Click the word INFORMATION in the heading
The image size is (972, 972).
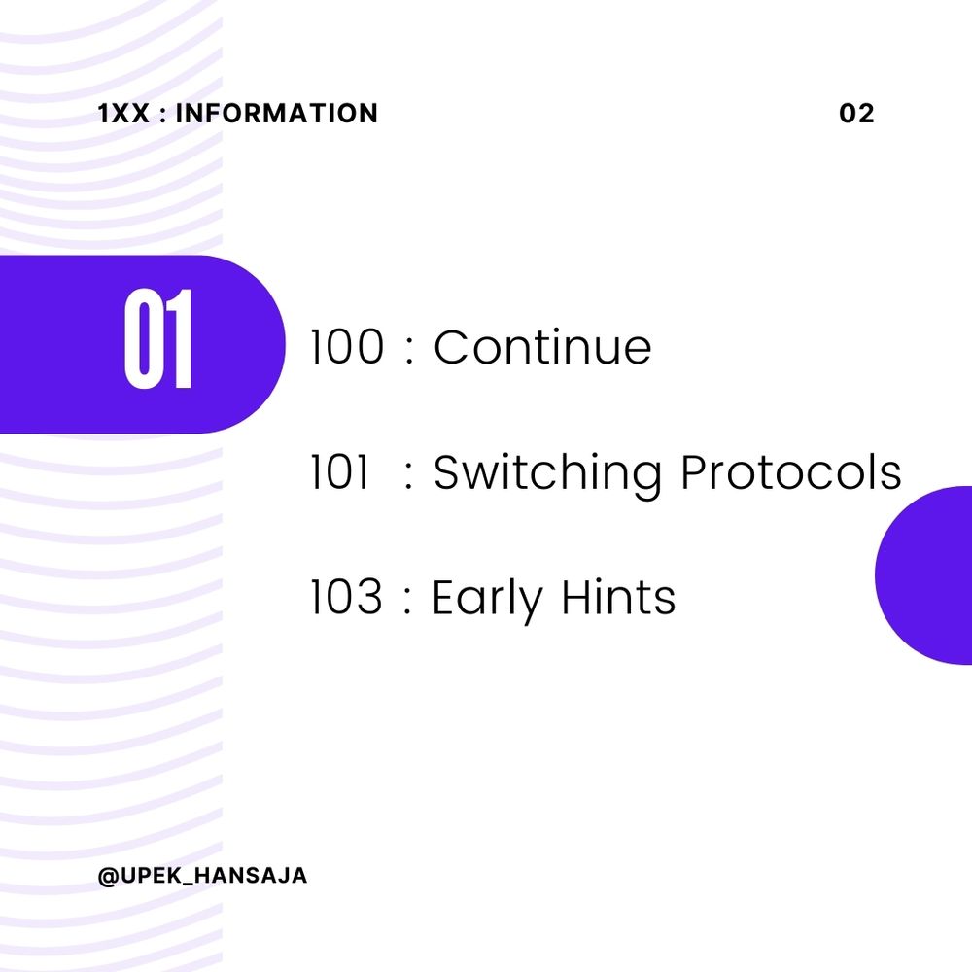click(x=276, y=114)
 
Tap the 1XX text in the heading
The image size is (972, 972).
click(x=124, y=114)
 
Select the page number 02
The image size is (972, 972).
click(x=856, y=114)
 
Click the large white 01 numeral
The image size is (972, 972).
click(x=158, y=338)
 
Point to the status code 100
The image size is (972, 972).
click(x=347, y=347)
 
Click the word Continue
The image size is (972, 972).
click(x=542, y=347)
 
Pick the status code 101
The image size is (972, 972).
click(x=339, y=471)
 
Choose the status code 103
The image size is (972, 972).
click(x=346, y=597)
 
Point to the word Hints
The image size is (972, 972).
click(x=618, y=597)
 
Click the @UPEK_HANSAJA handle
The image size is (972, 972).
click(x=203, y=876)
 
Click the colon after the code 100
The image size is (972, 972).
click(x=408, y=350)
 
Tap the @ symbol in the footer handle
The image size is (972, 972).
click(x=109, y=876)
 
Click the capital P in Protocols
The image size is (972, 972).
click(x=693, y=471)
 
